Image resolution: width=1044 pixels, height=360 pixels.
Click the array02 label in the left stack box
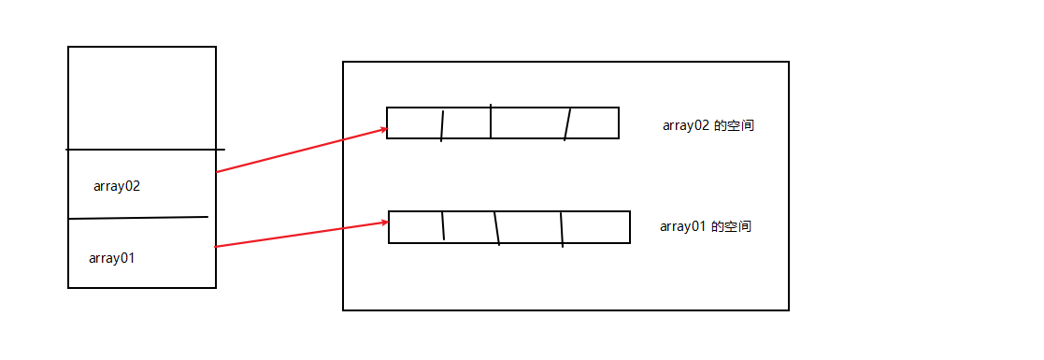[x=117, y=186]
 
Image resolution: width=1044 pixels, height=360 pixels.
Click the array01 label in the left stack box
[x=112, y=258]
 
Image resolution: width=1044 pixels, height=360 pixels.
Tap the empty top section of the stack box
[x=142, y=97]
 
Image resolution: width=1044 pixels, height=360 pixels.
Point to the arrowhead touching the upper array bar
[x=382, y=131]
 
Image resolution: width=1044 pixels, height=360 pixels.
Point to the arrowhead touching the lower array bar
[x=383, y=223]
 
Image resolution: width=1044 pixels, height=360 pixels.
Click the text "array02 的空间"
[x=708, y=126]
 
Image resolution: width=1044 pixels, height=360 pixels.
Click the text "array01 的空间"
[x=706, y=226]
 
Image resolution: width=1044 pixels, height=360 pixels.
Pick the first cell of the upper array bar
[x=414, y=123]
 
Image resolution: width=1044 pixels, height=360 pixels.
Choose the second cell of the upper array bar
[x=466, y=123]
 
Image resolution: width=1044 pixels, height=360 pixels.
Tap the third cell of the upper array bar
[x=528, y=123]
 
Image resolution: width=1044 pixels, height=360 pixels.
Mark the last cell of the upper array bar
[x=593, y=123]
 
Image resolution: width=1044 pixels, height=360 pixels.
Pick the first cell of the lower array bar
[x=416, y=227]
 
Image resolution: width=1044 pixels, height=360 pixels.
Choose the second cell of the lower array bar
[x=469, y=227]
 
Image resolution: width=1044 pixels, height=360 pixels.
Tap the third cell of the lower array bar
[x=529, y=227]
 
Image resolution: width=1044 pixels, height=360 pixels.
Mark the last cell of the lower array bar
[x=595, y=227]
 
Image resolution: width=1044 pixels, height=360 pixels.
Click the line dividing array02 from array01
[x=138, y=218]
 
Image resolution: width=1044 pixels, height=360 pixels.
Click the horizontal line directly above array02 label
[x=145, y=149]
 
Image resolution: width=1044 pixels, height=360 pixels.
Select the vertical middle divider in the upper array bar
[x=491, y=122]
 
